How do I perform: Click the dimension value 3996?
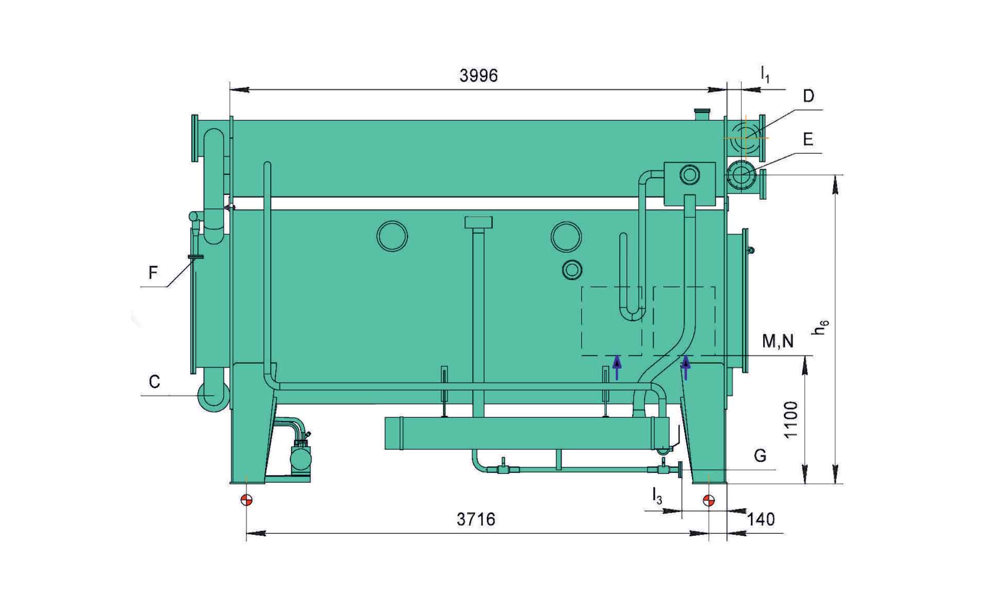[478, 76]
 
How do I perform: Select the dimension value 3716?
[475, 519]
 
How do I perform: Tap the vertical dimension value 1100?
[790, 419]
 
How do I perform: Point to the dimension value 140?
[761, 519]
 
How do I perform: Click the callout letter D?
[808, 96]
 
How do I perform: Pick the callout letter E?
[807, 139]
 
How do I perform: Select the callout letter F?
[153, 272]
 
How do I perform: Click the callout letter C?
[154, 382]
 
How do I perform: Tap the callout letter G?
[760, 455]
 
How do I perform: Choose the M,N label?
[778, 341]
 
